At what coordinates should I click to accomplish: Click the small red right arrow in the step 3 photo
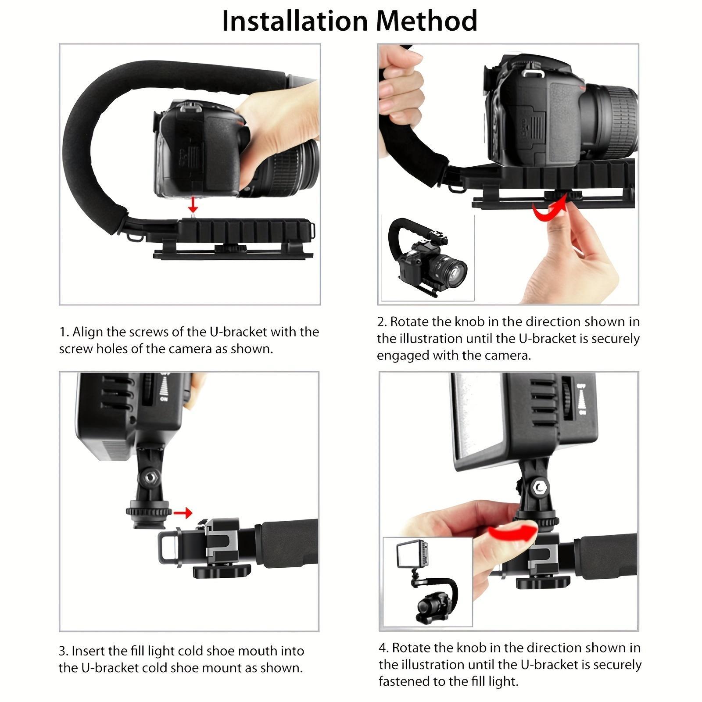coord(183,512)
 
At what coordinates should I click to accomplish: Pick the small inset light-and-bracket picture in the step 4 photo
coord(428,581)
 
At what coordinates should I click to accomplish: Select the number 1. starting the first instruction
coord(64,332)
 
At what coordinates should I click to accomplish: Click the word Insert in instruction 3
coord(88,651)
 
